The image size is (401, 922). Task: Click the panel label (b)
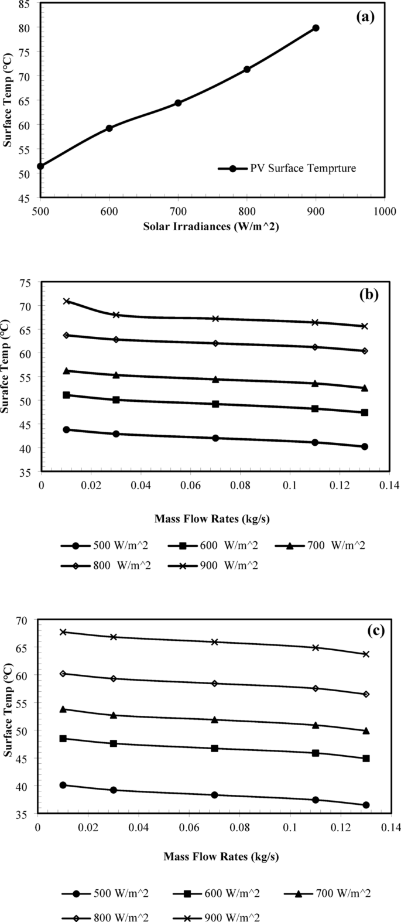click(368, 295)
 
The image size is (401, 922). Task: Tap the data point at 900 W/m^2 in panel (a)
click(316, 28)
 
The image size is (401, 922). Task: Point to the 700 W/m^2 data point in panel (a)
click(178, 103)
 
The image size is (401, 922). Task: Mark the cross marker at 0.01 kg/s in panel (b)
click(67, 301)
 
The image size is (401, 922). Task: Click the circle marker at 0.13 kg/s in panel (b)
click(365, 446)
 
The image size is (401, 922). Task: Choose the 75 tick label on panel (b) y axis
click(26, 282)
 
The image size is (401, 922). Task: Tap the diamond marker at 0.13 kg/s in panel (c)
click(366, 694)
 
